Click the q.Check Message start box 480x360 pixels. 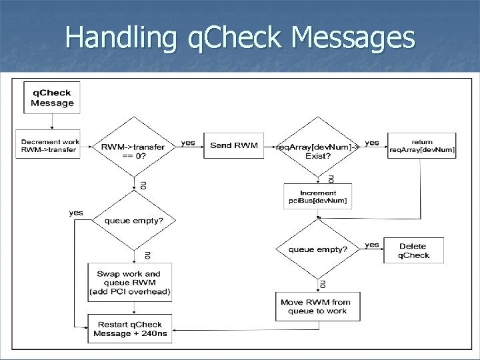click(53, 97)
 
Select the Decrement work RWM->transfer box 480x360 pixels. click(50, 145)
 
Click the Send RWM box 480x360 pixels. click(229, 145)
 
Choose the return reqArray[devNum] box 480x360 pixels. click(422, 146)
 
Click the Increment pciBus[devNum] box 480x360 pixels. click(317, 197)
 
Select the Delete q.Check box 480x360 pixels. click(414, 250)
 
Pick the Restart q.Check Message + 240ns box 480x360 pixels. click(129, 328)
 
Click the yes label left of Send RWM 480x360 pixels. click(189, 143)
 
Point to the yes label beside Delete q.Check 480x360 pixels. click(372, 245)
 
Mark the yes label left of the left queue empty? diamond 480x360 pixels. click(76, 213)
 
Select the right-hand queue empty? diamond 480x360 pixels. click(317, 250)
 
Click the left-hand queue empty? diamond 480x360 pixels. click(137, 221)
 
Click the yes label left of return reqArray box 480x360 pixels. click(372, 143)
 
